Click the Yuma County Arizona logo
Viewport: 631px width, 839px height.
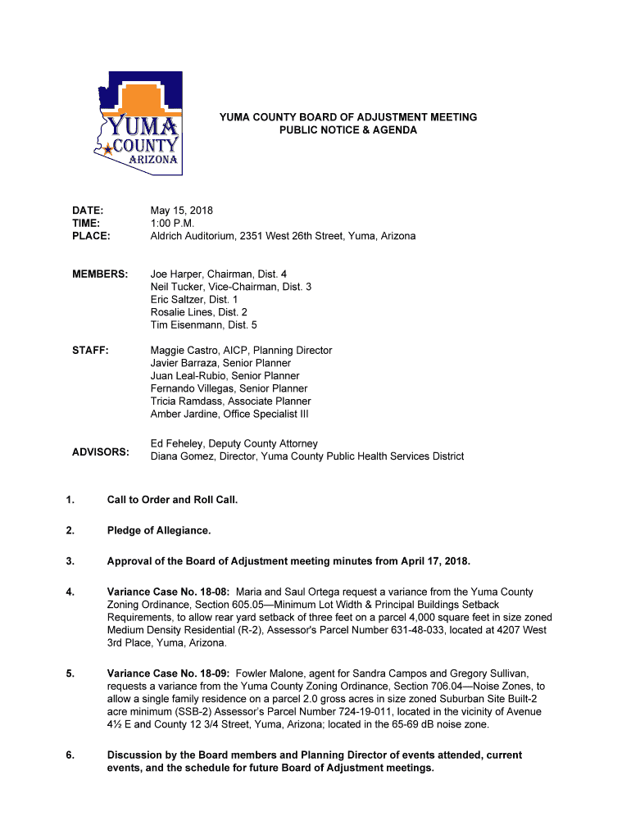coord(137,123)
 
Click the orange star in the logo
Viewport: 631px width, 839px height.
coord(107,150)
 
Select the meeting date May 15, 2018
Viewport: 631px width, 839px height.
coord(181,211)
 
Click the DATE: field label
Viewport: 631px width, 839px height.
coord(88,211)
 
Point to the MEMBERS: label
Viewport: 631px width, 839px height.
coord(100,274)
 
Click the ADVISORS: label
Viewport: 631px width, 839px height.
coord(101,452)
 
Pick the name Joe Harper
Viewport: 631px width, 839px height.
coord(176,274)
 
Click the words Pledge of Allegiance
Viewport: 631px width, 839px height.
coord(159,531)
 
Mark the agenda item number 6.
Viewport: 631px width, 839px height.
coord(70,755)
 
